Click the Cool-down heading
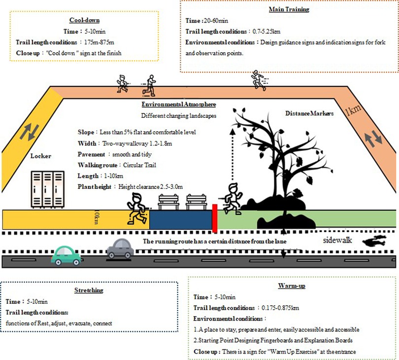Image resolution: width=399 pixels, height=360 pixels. tap(85, 20)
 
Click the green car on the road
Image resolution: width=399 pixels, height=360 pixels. tap(66, 254)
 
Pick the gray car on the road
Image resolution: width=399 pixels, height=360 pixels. tap(120, 249)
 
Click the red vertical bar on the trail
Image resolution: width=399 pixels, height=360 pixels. tap(214, 217)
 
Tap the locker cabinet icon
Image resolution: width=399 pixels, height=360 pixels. tap(48, 189)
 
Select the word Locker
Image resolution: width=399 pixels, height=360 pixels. tap(41, 156)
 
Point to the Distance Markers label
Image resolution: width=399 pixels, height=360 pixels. tap(309, 113)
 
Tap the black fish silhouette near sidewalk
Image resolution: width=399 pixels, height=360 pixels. tap(375, 242)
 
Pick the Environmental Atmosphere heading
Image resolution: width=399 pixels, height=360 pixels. tap(178, 105)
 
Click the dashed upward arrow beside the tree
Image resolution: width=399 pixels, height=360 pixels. tap(233, 155)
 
